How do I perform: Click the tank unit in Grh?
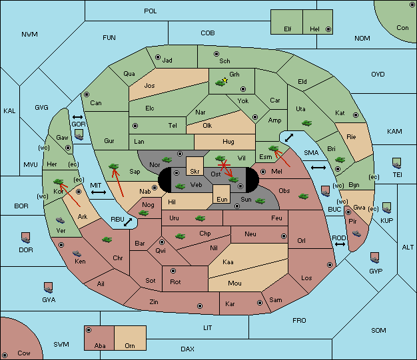pos(220,83)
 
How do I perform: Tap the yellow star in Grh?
pos(225,80)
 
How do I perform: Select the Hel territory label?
pos(314,29)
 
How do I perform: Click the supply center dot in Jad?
pos(158,57)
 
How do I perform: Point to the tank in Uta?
pos(306,123)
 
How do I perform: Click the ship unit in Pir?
pos(356,234)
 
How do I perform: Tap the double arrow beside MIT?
pos(99,192)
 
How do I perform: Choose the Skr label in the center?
pos(195,172)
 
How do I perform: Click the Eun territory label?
pos(222,199)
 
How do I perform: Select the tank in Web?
pos(181,186)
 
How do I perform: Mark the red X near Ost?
pos(224,165)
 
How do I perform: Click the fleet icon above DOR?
pos(26,238)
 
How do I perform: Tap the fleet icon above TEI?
pos(397,163)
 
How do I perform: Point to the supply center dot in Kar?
pos(260,303)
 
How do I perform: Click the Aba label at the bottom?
pos(100,345)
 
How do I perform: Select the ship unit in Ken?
pos(77,253)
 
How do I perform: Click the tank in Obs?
pos(304,196)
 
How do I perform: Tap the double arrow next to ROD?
pos(340,244)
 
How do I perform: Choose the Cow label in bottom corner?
pos(24,353)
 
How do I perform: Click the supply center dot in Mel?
pos(263,172)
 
